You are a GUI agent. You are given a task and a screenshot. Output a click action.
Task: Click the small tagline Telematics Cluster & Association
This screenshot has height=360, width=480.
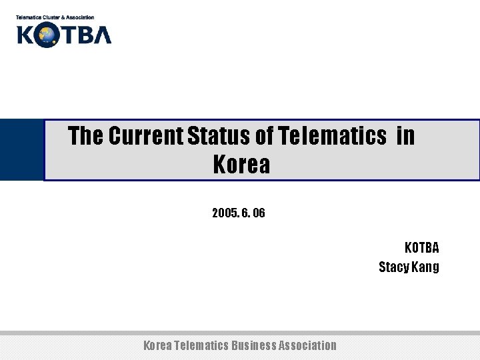pos(55,17)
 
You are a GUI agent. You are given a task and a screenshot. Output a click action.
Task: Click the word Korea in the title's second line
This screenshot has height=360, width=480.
pos(241,164)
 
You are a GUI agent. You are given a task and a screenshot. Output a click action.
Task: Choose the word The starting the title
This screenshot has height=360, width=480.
pos(85,137)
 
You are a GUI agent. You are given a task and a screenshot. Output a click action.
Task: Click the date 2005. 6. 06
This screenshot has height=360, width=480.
pos(238,213)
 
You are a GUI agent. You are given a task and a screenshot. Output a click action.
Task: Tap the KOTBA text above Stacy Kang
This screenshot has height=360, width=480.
pos(421,248)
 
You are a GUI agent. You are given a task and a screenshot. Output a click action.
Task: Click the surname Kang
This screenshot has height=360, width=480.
pos(427,267)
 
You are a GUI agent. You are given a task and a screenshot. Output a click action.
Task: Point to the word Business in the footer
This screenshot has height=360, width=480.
pos(253,345)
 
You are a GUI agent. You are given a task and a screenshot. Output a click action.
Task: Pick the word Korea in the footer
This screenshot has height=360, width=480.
pos(157,345)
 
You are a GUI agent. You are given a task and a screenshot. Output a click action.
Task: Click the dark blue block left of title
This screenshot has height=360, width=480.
pos(21,149)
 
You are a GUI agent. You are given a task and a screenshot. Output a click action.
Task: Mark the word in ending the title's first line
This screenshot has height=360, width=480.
pos(405,137)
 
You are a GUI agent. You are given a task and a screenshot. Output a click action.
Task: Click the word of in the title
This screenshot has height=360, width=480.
pos(264,137)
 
